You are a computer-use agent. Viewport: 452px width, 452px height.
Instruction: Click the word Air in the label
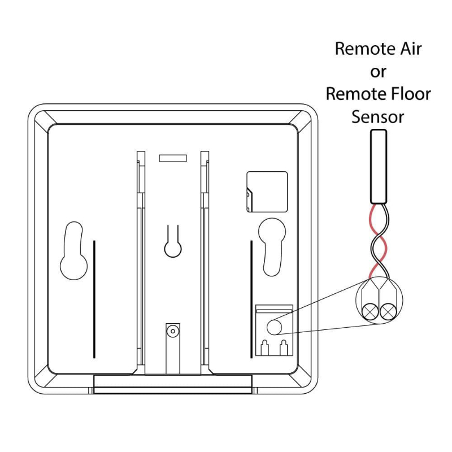coord(411,49)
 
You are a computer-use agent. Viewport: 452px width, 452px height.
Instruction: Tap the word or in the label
coord(378,72)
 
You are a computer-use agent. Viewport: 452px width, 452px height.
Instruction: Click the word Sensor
coord(378,117)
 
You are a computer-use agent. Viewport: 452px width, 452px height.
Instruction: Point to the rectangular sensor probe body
coord(379,167)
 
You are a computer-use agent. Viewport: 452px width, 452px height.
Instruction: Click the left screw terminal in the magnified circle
coord(371,312)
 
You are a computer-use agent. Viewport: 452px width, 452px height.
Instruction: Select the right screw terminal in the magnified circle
coord(388,312)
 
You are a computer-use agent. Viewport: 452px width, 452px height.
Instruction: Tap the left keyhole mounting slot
coord(74,250)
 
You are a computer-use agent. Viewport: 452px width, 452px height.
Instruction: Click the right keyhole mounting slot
coord(272,247)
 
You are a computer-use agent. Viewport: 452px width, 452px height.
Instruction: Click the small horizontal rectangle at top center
coord(173,158)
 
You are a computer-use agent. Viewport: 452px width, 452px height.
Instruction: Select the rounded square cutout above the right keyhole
coord(267,192)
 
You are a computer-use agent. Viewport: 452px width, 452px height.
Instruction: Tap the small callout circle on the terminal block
coord(274,327)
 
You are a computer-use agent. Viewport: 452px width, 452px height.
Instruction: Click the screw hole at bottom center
coord(173,331)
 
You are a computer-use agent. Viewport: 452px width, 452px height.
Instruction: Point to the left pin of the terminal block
coord(264,347)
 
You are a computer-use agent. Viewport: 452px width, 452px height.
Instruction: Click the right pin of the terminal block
coord(284,347)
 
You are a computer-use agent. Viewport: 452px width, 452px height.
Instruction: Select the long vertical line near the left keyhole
coord(94,299)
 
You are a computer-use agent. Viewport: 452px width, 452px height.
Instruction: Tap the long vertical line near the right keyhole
coord(251,299)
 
